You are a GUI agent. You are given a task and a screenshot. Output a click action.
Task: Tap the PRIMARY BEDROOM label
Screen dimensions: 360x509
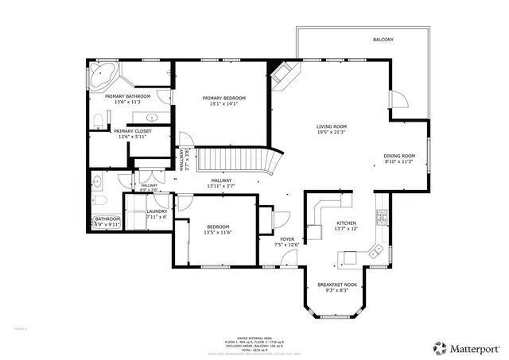223,98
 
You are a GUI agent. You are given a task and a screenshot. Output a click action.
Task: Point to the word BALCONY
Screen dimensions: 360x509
383,39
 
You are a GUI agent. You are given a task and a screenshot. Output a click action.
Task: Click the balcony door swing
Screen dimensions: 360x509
398,99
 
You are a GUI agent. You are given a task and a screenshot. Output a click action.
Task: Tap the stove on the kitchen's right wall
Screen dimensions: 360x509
383,215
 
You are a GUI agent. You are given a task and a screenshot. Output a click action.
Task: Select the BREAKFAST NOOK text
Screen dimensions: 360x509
336,285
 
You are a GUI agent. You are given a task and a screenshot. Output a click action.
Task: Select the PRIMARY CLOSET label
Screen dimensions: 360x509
133,131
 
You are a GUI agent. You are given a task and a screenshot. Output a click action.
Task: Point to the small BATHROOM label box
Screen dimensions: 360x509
108,219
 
